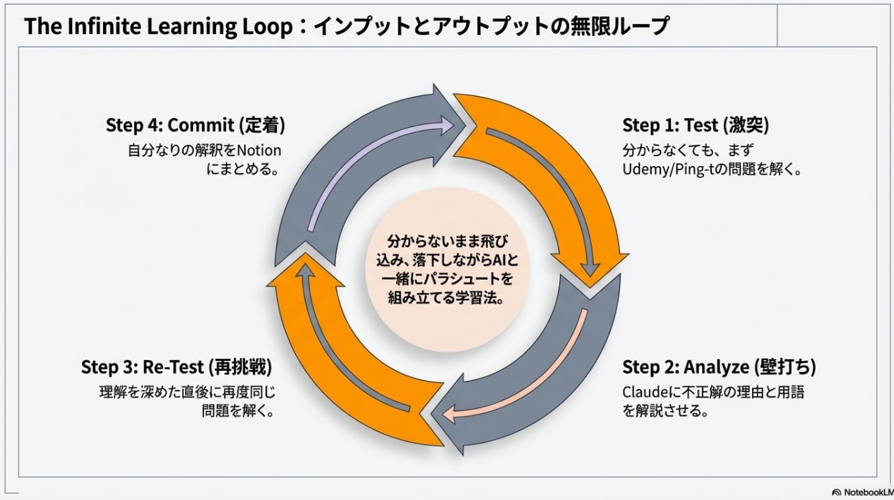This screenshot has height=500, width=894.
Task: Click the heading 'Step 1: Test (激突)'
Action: (x=695, y=126)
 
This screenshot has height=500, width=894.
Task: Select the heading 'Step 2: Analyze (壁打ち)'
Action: (x=719, y=367)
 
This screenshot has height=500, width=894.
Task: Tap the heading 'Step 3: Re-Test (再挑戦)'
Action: (x=177, y=367)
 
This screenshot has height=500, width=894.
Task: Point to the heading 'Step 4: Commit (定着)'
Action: (x=195, y=126)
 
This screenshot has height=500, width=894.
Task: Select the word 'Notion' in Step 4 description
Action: (x=258, y=150)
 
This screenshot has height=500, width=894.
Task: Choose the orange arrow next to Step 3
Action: (x=332, y=367)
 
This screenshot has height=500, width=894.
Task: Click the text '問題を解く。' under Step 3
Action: (x=238, y=411)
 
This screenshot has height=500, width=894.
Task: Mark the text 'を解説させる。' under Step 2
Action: (x=665, y=411)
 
